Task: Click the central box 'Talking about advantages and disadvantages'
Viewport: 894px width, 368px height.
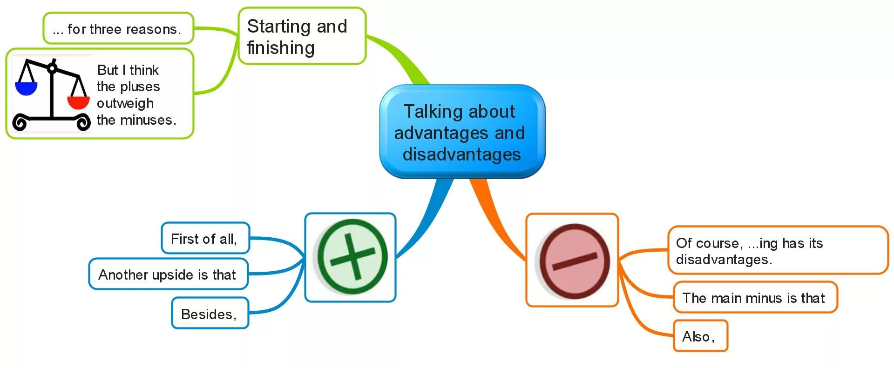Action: pos(462,132)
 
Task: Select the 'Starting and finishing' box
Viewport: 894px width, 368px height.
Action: pos(302,36)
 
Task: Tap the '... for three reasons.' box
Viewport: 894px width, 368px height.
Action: pos(118,29)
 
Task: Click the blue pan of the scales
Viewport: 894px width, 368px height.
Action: pos(26,88)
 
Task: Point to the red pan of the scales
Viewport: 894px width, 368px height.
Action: pos(78,102)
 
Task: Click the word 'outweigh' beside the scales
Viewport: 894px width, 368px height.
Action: pos(125,103)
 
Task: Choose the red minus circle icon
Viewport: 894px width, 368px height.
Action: pos(574,261)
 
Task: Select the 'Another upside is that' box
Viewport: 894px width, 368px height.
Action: pos(168,274)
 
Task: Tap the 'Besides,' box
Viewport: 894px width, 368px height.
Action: pos(210,314)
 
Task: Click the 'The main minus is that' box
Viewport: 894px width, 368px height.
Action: pos(754,298)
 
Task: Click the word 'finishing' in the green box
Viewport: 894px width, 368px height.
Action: pos(281,48)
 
